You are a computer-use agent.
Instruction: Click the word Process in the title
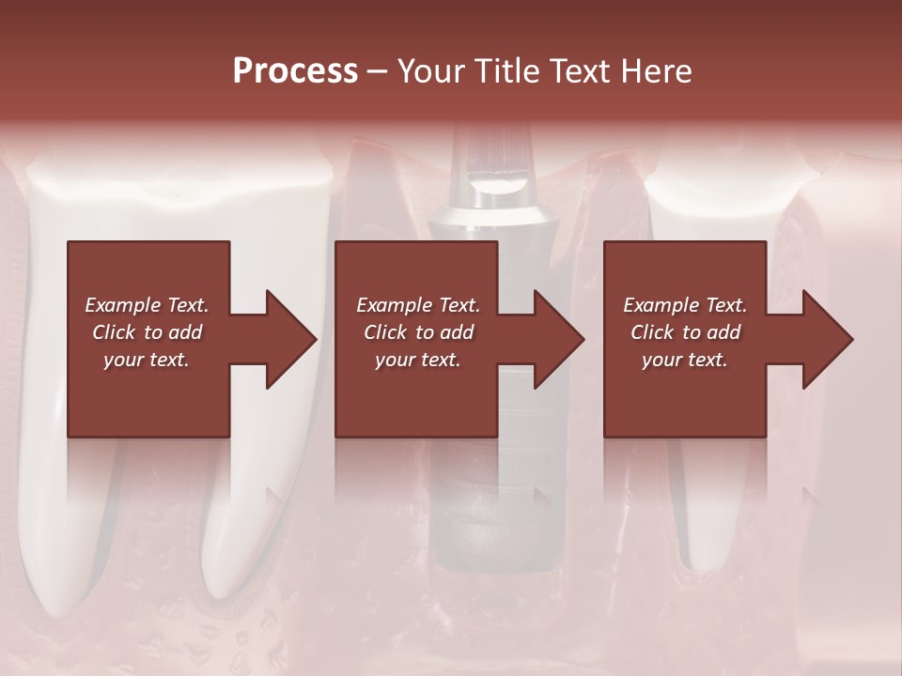point(295,71)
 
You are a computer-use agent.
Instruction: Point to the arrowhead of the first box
point(291,339)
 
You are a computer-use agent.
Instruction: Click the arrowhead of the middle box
point(560,339)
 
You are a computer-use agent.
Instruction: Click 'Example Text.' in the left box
point(147,305)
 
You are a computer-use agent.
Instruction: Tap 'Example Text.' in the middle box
point(418,305)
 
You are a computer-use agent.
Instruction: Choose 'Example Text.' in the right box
point(685,305)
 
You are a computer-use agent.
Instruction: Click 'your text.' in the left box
point(147,360)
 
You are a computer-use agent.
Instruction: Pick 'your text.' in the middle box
point(418,360)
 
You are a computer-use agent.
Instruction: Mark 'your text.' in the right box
point(685,360)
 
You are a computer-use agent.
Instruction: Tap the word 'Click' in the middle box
point(385,332)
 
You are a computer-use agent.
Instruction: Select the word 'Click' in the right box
point(652,332)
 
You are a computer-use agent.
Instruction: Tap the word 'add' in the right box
point(723,332)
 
